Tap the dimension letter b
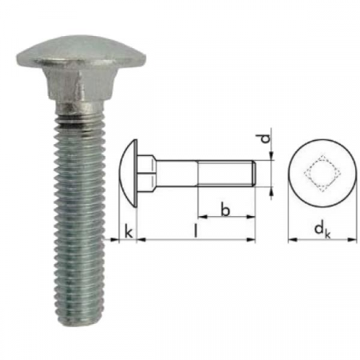tap(226, 210)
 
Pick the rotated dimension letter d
tap(266, 140)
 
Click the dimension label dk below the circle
tap(321, 231)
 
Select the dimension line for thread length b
tap(226, 218)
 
